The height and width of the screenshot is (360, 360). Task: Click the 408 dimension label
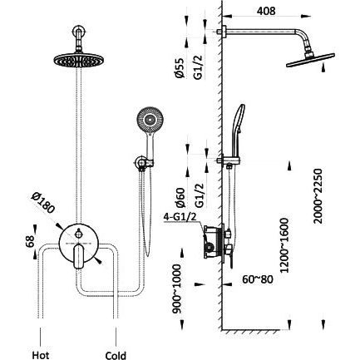[x=266, y=11]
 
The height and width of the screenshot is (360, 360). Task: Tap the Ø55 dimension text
[x=180, y=68]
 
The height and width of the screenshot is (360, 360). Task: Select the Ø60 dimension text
[x=180, y=198]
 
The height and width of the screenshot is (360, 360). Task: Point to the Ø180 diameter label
[x=43, y=203]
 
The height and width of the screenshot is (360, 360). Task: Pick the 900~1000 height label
[x=176, y=289]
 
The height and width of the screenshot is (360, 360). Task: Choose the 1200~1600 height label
[x=284, y=245]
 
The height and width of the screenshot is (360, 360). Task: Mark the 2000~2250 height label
[x=318, y=196]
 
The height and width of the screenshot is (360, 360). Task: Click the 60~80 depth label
[x=258, y=279]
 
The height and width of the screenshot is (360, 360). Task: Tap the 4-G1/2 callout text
[x=180, y=216]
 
